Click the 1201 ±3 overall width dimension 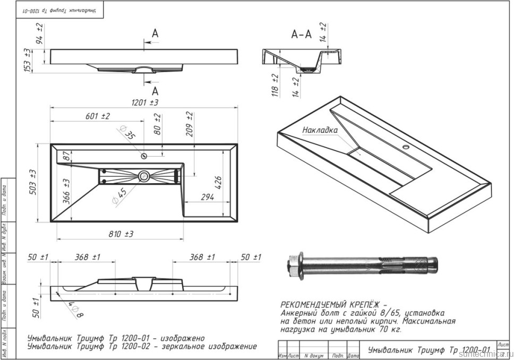[144, 102]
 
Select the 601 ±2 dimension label [97, 116]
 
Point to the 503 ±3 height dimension [32, 182]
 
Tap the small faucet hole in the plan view [144, 156]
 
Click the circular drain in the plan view [143, 176]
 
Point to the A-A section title [301, 35]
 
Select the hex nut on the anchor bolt [292, 263]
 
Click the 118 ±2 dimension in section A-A [275, 83]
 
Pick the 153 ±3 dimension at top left [28, 59]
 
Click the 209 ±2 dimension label [189, 123]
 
